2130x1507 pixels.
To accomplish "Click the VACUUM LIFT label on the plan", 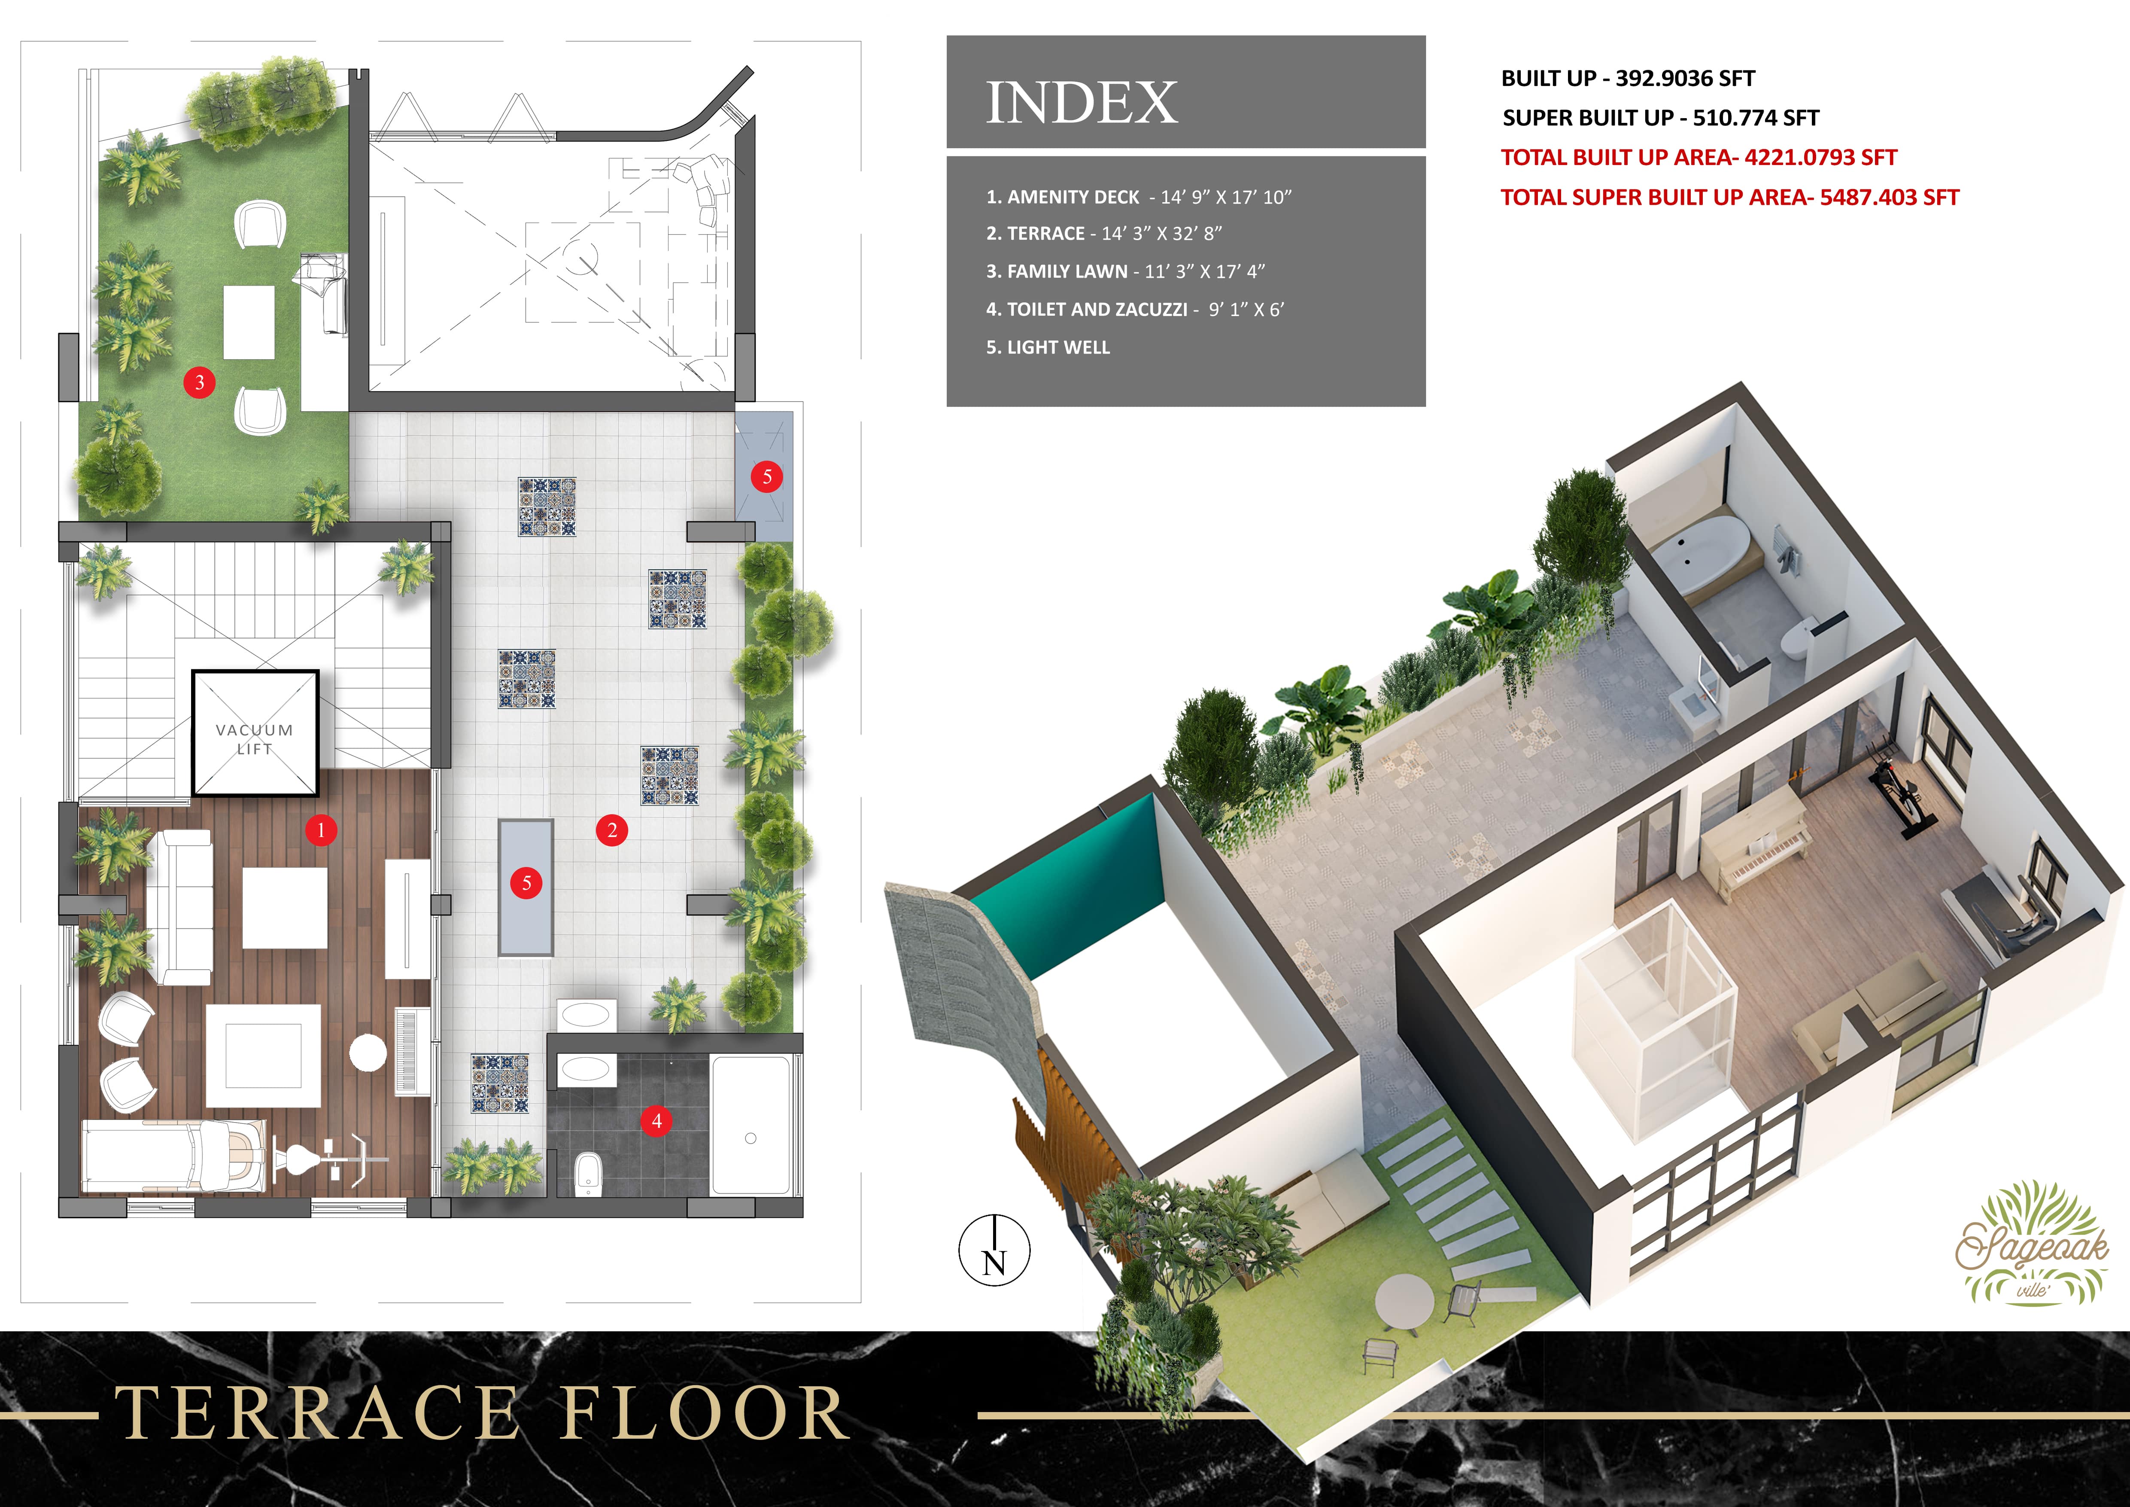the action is tap(254, 738).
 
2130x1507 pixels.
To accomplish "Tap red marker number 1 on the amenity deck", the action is tap(321, 830).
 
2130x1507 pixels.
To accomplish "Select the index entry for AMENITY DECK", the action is tap(1138, 197).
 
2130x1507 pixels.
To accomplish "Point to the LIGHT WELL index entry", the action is tap(1047, 347).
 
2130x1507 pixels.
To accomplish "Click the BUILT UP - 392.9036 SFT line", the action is tap(1628, 78).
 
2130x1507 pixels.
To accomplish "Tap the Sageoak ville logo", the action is tap(2032, 1244).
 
